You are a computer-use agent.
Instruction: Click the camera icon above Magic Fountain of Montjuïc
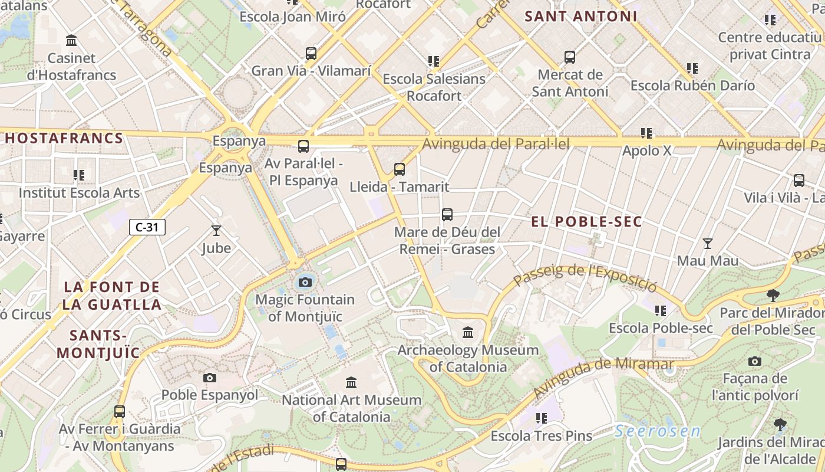(x=305, y=282)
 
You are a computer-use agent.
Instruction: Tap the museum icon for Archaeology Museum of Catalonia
(x=468, y=332)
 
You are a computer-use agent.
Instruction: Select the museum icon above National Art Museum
(x=351, y=382)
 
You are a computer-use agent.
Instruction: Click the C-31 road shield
(x=147, y=227)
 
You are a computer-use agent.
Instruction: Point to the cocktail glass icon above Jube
(x=216, y=230)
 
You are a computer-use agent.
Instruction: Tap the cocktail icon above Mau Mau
(x=708, y=243)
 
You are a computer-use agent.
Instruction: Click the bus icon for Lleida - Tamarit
(x=400, y=169)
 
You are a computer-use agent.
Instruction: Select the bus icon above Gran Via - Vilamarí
(x=311, y=54)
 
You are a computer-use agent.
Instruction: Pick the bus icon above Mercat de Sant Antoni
(x=569, y=57)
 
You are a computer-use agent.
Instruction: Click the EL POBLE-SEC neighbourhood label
(x=586, y=222)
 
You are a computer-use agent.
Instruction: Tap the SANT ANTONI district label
(x=580, y=17)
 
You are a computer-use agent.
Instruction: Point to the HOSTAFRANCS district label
(x=64, y=139)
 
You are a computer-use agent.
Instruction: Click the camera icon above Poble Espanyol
(x=209, y=378)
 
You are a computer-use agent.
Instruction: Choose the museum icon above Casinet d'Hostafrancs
(x=72, y=41)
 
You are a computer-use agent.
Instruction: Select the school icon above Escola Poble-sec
(x=661, y=310)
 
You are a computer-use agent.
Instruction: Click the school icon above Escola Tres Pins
(x=541, y=418)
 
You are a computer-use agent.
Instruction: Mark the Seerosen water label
(x=658, y=431)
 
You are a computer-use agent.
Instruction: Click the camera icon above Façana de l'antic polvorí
(x=754, y=361)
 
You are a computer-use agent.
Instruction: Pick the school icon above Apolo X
(x=646, y=133)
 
